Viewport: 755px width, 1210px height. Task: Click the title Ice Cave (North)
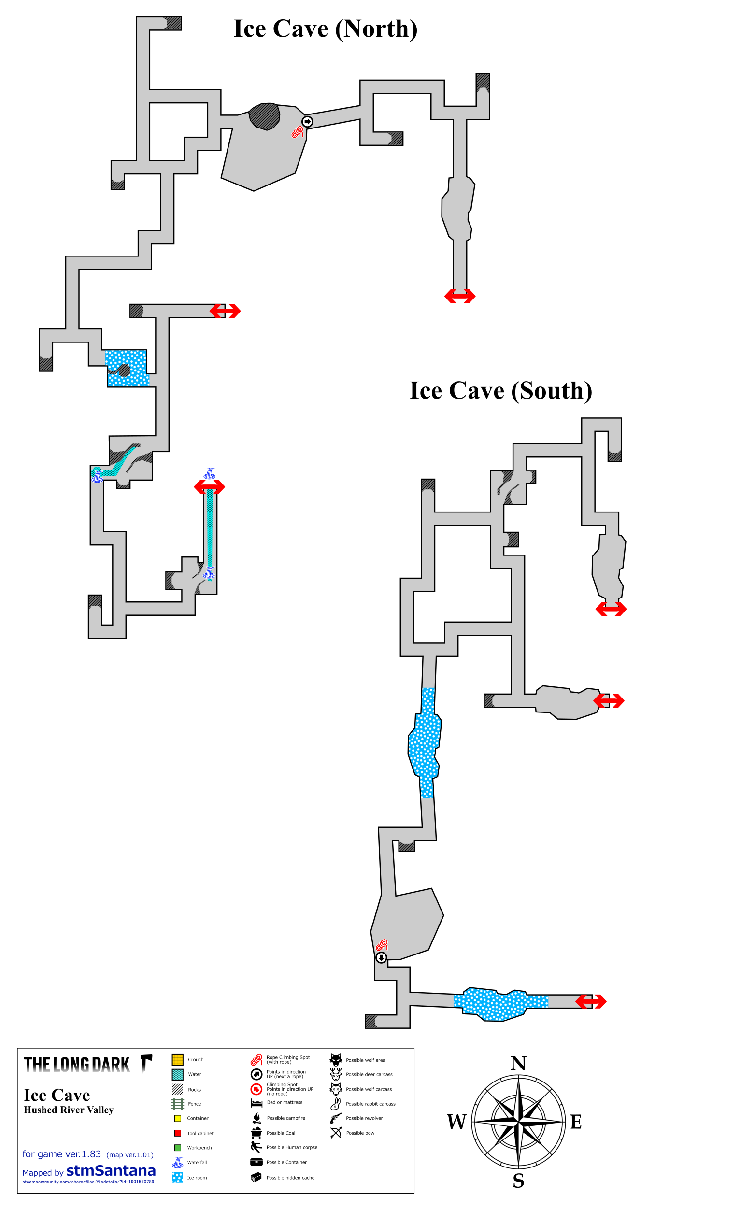325,29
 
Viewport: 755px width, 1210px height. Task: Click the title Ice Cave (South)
501,391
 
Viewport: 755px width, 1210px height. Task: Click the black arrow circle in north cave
307,121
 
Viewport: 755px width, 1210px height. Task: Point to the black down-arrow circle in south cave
381,957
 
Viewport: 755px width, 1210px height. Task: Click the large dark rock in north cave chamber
264,116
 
